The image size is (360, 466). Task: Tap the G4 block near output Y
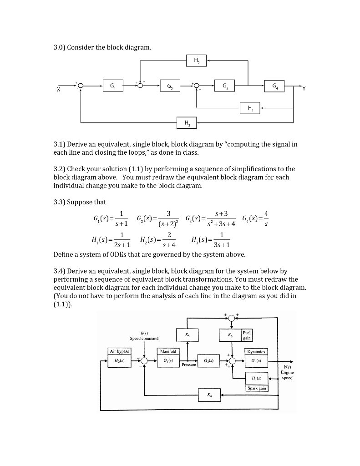[274, 85]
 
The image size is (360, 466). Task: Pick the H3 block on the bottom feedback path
[187, 122]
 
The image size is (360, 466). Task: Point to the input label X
[58, 90]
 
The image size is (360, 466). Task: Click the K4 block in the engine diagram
[209, 395]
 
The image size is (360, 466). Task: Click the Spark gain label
[257, 388]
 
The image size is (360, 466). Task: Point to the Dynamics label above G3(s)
[257, 352]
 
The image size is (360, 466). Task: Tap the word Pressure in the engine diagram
[188, 365]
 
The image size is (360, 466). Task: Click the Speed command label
[144, 338]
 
